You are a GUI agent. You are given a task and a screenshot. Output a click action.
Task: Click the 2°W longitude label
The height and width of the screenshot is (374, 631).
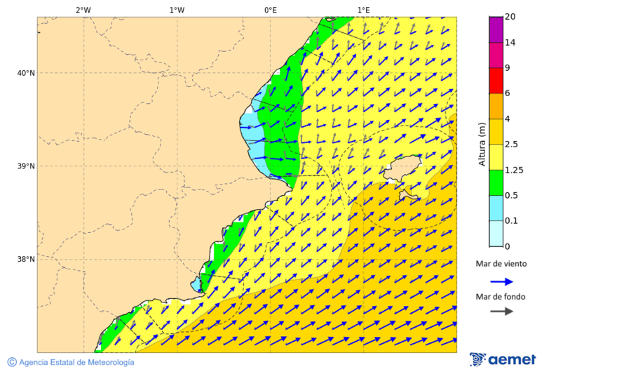83,10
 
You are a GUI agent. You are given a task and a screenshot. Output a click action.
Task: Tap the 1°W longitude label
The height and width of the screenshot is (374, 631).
177,10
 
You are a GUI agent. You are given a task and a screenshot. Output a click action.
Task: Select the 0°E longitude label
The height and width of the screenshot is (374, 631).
270,10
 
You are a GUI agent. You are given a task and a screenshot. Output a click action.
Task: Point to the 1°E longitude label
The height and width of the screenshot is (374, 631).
363,10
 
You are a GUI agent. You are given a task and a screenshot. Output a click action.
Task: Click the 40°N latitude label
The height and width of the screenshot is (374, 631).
26,73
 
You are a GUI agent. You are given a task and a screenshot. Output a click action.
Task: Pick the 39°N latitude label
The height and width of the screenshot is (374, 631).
26,166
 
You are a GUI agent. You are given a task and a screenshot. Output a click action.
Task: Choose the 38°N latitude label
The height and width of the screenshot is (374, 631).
26,260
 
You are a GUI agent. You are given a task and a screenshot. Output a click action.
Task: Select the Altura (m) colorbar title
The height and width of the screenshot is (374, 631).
482,144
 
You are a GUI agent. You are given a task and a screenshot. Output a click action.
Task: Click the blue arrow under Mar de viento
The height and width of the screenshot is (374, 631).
501,281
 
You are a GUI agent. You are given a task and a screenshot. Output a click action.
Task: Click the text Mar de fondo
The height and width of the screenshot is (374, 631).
501,297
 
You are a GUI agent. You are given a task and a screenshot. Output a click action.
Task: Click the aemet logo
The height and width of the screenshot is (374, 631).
503,359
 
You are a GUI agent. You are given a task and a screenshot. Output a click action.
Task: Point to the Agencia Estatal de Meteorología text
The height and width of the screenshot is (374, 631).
76,362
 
